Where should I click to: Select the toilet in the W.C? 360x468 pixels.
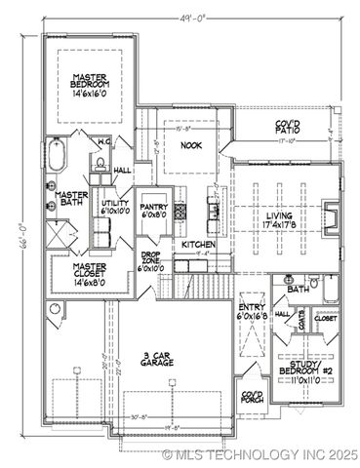click(x=100, y=165)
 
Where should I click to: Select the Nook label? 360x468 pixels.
click(x=190, y=146)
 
